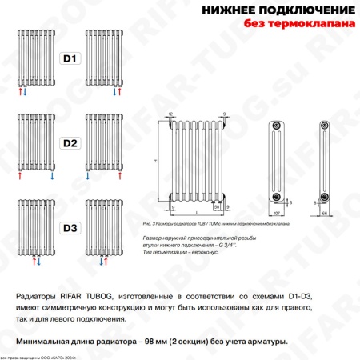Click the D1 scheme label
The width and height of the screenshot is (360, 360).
click(x=70, y=58)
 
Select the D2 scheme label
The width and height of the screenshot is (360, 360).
click(x=70, y=144)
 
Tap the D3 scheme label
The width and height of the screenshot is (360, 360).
click(x=70, y=228)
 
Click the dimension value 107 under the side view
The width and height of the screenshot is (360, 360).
click(x=277, y=215)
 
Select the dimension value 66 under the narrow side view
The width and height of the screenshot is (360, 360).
click(x=325, y=215)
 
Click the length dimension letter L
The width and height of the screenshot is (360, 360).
click(x=197, y=212)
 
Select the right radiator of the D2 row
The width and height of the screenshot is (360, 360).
click(x=104, y=144)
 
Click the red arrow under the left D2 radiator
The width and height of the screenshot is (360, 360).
click(x=18, y=178)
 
